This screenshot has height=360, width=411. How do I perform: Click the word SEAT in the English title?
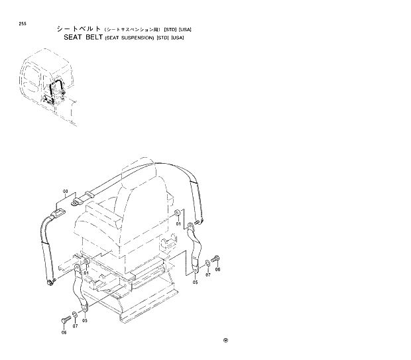tap(75, 37)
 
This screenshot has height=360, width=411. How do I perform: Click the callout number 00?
tap(65, 192)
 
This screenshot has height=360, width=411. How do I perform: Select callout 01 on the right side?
tap(178, 224)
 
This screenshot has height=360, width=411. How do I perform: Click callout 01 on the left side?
tap(86, 272)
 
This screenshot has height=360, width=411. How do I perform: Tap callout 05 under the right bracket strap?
tap(196, 282)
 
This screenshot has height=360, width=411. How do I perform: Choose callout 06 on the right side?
tap(217, 270)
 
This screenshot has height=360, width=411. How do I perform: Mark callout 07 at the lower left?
tap(75, 326)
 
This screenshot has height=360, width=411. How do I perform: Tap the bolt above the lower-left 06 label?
tap(64, 320)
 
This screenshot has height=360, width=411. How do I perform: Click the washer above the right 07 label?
tap(207, 265)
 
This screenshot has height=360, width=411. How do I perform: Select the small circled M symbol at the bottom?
tap(225, 341)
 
